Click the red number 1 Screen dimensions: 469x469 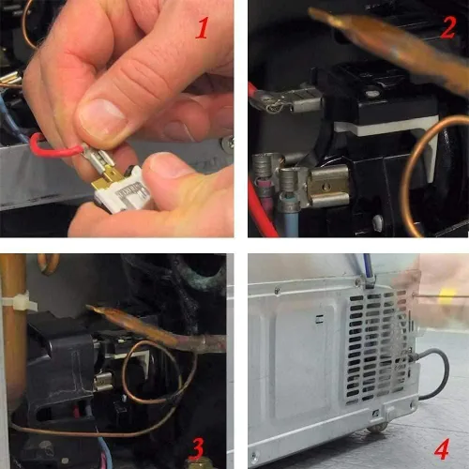tap(203, 28)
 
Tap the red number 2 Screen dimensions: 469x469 tap(448, 27)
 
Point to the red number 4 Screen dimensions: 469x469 tap(442, 448)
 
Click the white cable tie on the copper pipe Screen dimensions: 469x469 tap(18, 302)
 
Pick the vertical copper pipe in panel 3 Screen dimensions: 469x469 tap(13, 331)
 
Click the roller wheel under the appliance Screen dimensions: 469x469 tap(377, 427)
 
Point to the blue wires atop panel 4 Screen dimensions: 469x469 tap(366, 269)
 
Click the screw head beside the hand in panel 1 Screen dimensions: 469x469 tap(227, 144)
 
